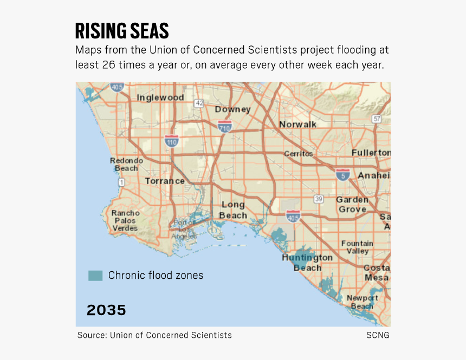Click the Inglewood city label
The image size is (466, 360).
tap(160, 97)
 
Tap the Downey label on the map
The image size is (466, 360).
tap(232, 109)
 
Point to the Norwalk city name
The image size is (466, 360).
tap(297, 125)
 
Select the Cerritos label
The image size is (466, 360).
tap(299, 154)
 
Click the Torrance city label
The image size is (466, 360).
tap(165, 181)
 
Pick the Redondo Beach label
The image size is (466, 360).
tap(126, 164)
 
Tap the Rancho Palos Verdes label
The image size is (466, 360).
tap(125, 220)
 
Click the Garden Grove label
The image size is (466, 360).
tap(352, 204)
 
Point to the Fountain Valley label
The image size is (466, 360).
tap(357, 247)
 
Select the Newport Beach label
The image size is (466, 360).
tap(362, 302)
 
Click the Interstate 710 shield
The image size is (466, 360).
tap(225, 127)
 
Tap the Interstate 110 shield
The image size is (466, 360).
tap(172, 141)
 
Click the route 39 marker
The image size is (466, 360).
tap(319, 199)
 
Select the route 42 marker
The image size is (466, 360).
tap(199, 103)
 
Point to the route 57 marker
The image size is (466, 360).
tap(377, 119)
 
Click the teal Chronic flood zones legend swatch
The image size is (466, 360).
tap(95, 275)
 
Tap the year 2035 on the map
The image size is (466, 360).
tap(106, 310)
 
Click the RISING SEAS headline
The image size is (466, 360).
tap(122, 31)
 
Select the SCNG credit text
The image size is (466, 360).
tap(378, 335)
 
